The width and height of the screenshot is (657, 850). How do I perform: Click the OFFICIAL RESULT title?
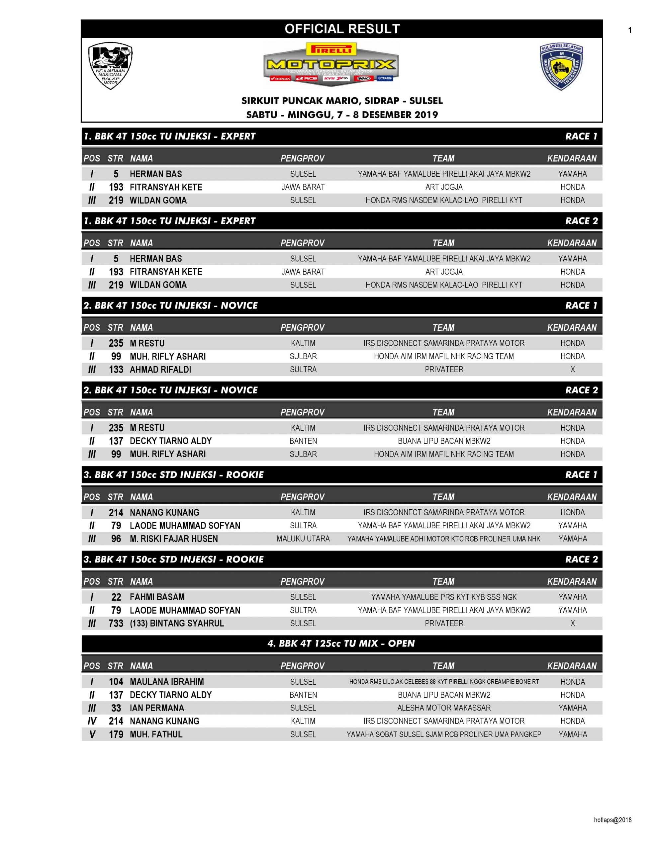[x=342, y=29]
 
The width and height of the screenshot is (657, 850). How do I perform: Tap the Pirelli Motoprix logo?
[x=331, y=65]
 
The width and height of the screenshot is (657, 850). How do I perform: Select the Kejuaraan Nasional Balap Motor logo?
[x=110, y=65]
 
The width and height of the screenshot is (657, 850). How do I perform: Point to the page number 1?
[x=630, y=30]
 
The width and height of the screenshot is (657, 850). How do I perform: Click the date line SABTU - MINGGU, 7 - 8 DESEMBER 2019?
[x=342, y=115]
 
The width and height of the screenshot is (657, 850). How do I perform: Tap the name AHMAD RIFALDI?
[x=160, y=369]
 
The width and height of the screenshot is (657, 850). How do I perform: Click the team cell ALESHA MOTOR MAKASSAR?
[x=443, y=708]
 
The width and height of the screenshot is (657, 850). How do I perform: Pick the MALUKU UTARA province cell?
[x=303, y=539]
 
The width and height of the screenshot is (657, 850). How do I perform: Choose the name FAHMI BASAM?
[x=157, y=597]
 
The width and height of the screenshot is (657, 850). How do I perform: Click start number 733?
[x=116, y=623]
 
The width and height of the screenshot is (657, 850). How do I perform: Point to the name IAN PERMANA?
[x=157, y=708]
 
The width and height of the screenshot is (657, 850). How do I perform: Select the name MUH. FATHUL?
[x=156, y=734]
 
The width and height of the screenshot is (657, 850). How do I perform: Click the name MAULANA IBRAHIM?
[x=167, y=681]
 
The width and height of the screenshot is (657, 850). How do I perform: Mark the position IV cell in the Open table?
[x=92, y=721]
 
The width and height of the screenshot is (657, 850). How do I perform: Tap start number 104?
[x=116, y=681]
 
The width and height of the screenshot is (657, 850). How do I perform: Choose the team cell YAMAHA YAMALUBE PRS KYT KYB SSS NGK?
[x=443, y=597]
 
